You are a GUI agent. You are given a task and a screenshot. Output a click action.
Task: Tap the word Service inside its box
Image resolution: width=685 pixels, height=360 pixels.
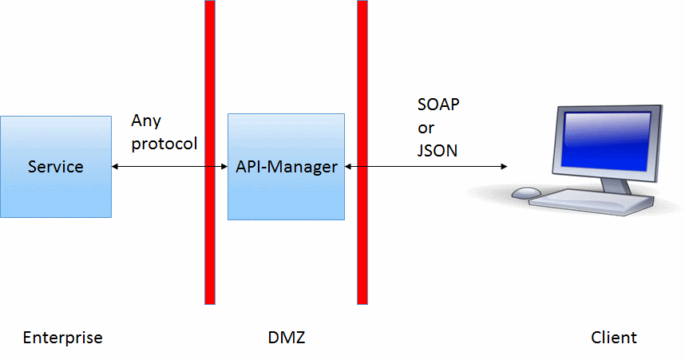(x=56, y=167)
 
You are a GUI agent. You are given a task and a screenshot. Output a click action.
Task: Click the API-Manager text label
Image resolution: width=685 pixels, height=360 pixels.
(x=287, y=167)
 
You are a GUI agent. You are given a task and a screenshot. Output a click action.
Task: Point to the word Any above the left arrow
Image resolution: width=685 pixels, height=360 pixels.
(x=147, y=121)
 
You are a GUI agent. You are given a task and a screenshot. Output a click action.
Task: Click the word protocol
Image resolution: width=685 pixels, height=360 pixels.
(x=164, y=144)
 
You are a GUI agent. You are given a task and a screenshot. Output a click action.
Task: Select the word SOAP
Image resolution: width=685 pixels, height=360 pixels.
(x=439, y=105)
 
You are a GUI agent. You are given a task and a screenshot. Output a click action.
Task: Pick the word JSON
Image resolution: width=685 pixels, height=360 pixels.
(x=438, y=150)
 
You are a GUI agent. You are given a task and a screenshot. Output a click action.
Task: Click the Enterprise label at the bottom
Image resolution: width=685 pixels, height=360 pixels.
(x=63, y=338)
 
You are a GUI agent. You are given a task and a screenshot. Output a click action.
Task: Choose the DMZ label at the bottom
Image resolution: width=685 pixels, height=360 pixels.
(x=287, y=338)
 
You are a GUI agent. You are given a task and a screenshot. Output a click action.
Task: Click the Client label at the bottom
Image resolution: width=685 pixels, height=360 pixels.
(x=614, y=338)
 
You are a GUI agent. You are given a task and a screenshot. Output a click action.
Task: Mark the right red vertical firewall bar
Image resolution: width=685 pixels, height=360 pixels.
(x=362, y=239)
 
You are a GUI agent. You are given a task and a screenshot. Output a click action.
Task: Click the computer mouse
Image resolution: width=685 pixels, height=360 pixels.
(x=526, y=193)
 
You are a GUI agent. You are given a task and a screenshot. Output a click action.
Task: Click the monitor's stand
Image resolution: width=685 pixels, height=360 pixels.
(x=615, y=184)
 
